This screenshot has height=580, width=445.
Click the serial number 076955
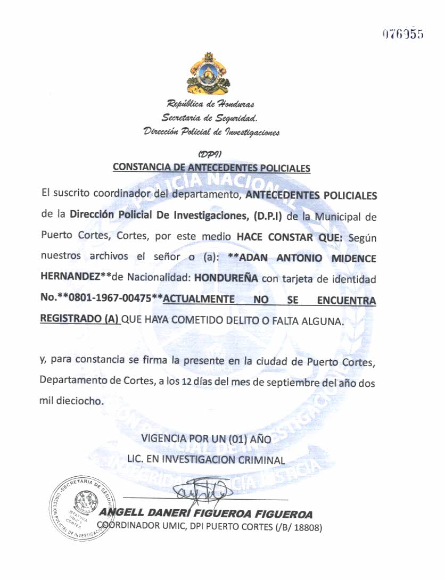click(x=402, y=35)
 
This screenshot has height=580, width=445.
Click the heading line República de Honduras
click(x=211, y=104)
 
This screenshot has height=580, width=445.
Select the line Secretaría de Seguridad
click(x=210, y=118)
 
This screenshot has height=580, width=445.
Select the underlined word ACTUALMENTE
click(x=199, y=300)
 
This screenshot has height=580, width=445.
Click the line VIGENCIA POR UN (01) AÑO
click(x=207, y=440)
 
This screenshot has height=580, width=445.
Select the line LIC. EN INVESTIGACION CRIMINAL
click(x=207, y=458)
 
